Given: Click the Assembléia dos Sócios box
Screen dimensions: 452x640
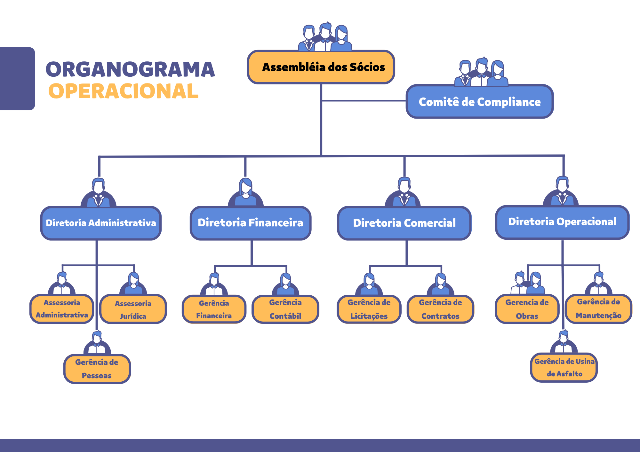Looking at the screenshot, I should point(321,67).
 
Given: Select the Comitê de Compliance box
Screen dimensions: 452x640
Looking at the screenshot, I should point(479,102).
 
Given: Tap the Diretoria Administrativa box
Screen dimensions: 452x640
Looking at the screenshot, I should point(101,223).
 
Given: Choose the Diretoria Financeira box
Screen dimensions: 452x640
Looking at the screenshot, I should point(250,223).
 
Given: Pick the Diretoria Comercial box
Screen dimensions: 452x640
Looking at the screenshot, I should point(404,223).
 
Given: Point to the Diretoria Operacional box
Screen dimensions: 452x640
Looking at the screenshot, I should point(562,222).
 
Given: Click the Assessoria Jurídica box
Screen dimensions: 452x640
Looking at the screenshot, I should point(133,309).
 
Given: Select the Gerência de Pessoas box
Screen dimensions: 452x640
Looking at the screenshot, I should point(97,369).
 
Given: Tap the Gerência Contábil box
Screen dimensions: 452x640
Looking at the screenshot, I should point(285,309).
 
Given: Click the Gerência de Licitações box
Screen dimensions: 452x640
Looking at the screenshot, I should point(369,309).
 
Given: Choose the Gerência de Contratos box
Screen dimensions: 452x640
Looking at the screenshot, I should point(440,309).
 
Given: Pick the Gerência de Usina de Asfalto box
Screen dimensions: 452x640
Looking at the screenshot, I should point(564,367).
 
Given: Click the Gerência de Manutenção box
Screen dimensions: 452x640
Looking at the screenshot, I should point(598,308).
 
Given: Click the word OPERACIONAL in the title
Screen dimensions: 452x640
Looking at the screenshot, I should point(123,91).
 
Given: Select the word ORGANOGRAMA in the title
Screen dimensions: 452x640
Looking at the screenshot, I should point(130,69).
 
